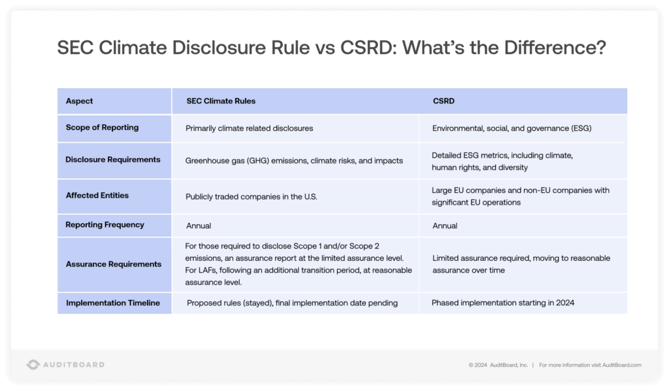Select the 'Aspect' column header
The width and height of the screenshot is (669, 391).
pos(80,101)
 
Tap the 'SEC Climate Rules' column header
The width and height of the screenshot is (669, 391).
pos(221,101)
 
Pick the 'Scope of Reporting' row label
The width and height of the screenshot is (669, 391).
pos(102,127)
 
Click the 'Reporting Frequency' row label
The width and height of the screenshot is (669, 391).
pos(105,225)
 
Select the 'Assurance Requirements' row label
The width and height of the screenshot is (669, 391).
pos(114,264)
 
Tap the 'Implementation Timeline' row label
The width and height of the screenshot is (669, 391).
pos(113,303)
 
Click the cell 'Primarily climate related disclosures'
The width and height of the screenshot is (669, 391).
pos(250,128)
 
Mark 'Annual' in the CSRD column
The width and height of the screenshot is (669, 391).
pos(444,226)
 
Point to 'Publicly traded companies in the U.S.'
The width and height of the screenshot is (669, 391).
pos(250,195)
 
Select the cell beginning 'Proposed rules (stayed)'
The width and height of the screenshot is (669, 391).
pos(292,303)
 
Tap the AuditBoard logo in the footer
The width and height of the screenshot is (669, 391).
pos(65,364)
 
